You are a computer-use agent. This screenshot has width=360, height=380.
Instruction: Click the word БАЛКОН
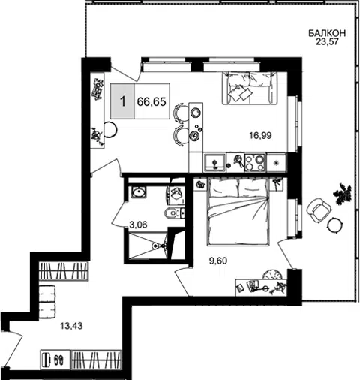tap(327, 33)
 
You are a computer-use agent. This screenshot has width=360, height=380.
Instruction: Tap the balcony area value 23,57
tap(327, 41)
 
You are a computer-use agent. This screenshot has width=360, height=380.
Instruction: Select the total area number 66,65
tap(151, 101)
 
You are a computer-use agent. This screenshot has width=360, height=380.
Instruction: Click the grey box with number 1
tap(122, 101)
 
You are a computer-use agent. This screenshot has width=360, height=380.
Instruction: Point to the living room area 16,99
tap(260, 135)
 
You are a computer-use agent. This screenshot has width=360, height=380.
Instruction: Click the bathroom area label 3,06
tap(138, 225)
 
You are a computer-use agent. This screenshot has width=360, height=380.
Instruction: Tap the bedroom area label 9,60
tap(218, 261)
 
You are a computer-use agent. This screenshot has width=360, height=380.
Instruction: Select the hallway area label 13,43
tap(71, 326)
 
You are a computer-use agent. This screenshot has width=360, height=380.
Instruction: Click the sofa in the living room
tap(250, 88)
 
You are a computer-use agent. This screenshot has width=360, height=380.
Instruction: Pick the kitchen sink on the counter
tap(215, 163)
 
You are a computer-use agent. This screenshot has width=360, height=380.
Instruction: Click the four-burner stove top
tap(255, 163)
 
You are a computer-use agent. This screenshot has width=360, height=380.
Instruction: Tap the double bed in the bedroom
tap(238, 212)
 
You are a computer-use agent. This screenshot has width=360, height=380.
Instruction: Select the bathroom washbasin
tap(138, 192)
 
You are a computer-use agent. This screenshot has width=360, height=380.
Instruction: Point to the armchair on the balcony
tap(319, 210)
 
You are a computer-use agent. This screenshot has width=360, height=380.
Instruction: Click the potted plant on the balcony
tap(343, 193)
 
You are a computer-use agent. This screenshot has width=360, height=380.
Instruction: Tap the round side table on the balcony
tap(334, 225)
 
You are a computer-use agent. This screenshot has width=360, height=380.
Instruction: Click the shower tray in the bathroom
tap(148, 246)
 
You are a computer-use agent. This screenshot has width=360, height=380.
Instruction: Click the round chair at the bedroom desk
tap(273, 275)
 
